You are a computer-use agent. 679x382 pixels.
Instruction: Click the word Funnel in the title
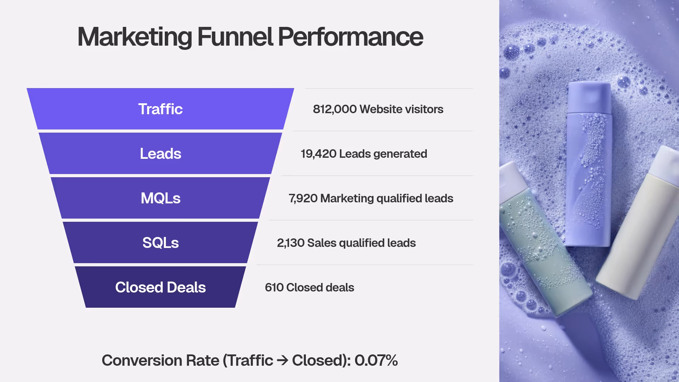pos(235,37)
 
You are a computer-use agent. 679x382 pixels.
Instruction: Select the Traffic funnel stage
pos(160,109)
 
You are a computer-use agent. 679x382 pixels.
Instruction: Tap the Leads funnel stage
pos(160,154)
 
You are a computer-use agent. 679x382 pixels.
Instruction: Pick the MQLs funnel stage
pos(160,198)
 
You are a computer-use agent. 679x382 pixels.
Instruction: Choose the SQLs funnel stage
pos(160,243)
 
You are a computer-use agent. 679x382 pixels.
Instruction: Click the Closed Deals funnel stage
pos(160,287)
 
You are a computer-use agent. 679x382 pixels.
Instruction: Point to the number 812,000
pos(335,109)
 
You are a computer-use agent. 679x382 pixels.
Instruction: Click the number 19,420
pos(318,154)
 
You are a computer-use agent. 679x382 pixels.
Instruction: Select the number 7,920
pos(303,198)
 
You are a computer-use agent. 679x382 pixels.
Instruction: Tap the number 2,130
pos(290,243)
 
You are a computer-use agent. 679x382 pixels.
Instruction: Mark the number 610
pos(274,288)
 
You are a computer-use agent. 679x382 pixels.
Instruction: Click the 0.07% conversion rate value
pos(376,360)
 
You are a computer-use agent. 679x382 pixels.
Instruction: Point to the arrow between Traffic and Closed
pos(282,361)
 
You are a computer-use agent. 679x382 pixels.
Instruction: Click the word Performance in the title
pos(350,37)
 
